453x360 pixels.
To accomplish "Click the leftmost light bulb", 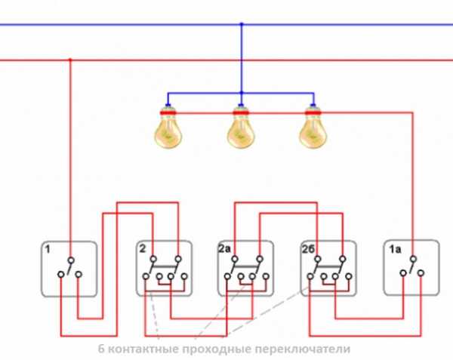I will click(168, 129).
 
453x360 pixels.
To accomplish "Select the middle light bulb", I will click(241, 129).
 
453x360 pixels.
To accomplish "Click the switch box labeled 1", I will click(69, 268).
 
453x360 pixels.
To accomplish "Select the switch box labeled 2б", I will click(328, 268).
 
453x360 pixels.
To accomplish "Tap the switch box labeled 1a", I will click(411, 268).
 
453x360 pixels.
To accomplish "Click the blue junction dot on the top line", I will click(242, 24).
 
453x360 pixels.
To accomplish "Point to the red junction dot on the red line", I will click(70, 59).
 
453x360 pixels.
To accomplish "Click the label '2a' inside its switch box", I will click(224, 248).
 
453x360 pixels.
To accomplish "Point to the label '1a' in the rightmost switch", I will click(393, 248).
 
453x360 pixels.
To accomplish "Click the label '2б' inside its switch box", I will click(307, 248).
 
